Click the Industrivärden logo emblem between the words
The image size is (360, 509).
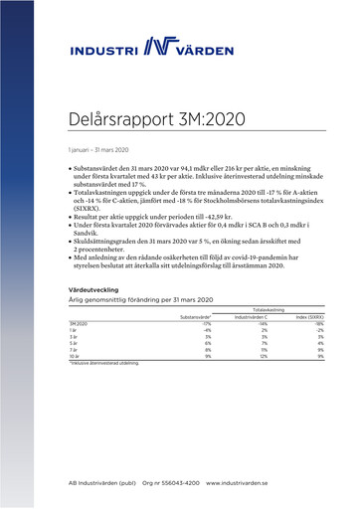coord(159,47)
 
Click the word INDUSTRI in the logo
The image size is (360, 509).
coord(105,50)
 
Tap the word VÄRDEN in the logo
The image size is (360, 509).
coord(212,50)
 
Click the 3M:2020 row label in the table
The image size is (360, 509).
coord(80,324)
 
